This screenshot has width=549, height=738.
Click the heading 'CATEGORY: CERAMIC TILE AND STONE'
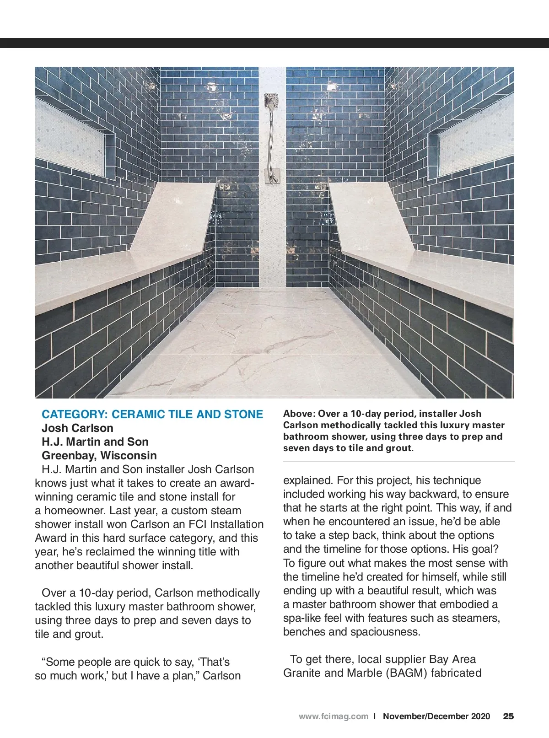click(x=152, y=415)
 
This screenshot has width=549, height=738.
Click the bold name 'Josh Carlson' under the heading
click(x=77, y=428)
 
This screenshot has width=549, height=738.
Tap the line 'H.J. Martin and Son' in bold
click(x=95, y=442)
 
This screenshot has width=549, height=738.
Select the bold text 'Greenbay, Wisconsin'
click(x=99, y=456)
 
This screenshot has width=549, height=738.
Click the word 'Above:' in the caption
click(x=299, y=414)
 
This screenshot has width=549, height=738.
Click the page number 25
click(x=508, y=716)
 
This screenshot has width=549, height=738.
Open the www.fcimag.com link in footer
click(x=333, y=716)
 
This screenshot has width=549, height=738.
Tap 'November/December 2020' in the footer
click(x=436, y=716)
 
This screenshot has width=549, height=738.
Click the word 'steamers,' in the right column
click(x=476, y=618)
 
